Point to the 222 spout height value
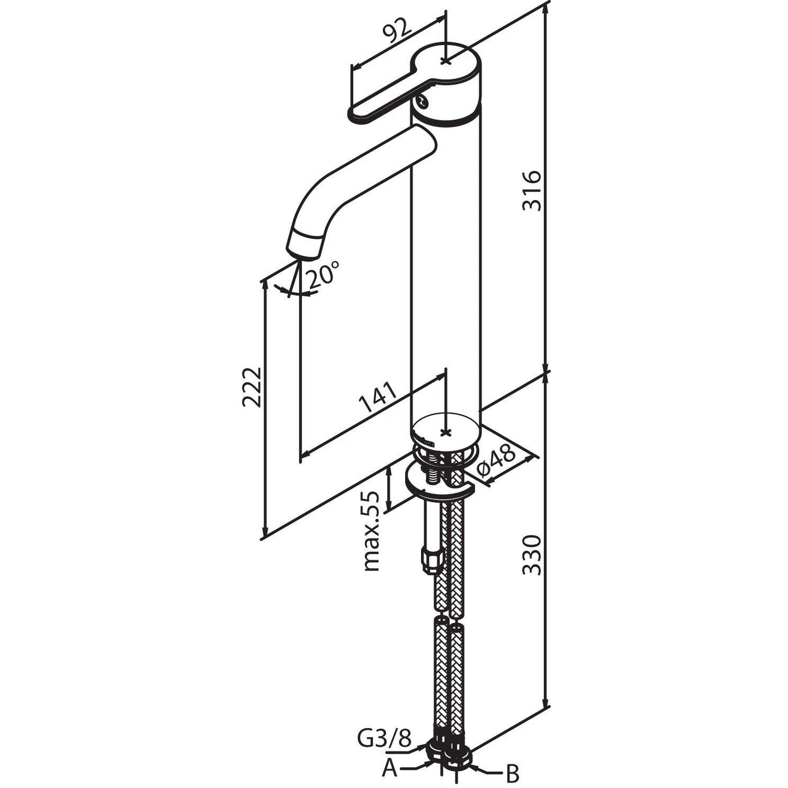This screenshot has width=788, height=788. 251,387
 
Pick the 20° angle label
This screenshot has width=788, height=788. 323,275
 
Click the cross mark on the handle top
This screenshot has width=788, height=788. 446,61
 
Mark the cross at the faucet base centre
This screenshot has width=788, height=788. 446,432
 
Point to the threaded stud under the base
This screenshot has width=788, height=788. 433,475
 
